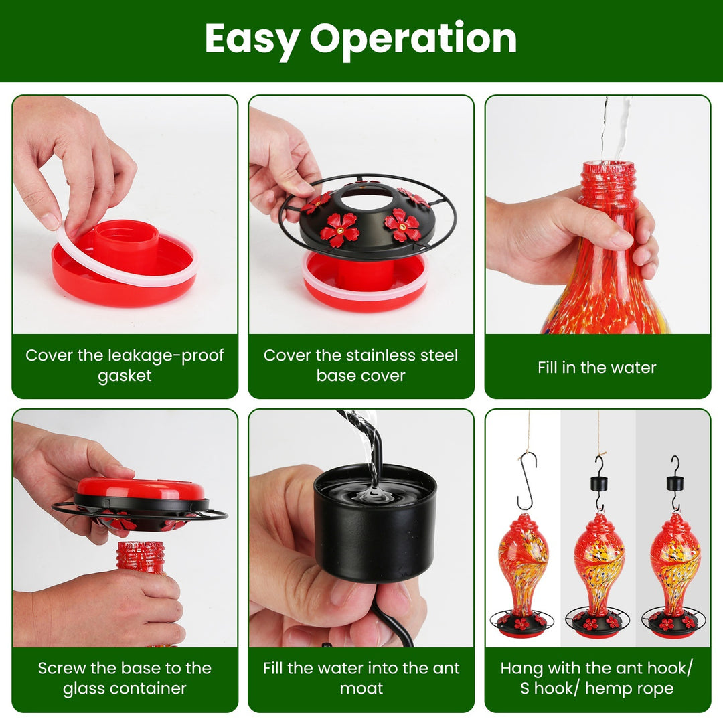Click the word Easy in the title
(x=251, y=39)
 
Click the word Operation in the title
(x=413, y=39)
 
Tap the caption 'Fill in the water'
(x=596, y=368)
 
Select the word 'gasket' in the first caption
(x=125, y=376)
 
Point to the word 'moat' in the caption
(x=361, y=689)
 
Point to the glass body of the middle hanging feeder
(x=598, y=563)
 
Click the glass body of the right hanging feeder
(x=675, y=563)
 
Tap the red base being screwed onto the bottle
(x=141, y=489)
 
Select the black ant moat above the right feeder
(x=675, y=483)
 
